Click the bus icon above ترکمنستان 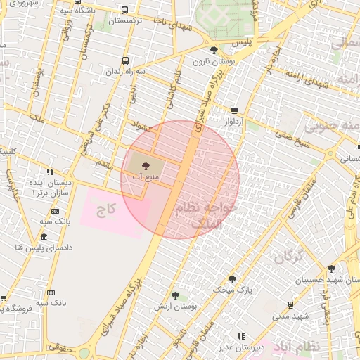point(124,11)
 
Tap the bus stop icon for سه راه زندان point(125,60)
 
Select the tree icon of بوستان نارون point(214,50)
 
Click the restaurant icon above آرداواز point(233,110)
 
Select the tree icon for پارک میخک point(232,279)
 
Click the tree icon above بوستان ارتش point(174,296)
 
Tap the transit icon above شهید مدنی point(290,304)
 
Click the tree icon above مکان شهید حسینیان point(331,268)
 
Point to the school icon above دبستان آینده point(49,172)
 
